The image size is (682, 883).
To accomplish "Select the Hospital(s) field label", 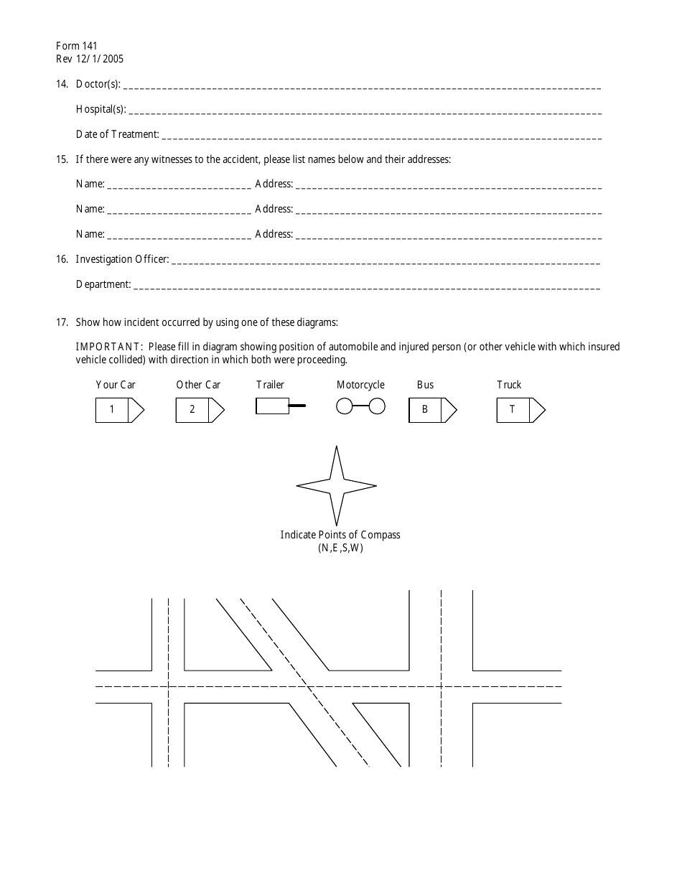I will [101, 109].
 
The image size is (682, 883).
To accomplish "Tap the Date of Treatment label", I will [117, 134].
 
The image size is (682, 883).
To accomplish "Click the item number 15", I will [61, 159].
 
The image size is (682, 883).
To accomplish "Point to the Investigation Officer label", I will [122, 259].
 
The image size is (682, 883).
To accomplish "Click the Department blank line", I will [366, 289].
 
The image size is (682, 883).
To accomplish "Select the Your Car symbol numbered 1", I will [120, 410].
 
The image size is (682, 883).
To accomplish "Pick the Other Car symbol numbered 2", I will [200, 410].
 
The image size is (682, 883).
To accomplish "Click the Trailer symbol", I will [280, 407].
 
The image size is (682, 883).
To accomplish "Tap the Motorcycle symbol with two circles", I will [360, 407].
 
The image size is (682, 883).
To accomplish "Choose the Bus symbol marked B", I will [433, 410].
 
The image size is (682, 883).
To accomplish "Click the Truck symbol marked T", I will [520, 410].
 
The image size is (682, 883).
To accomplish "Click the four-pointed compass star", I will [337, 486].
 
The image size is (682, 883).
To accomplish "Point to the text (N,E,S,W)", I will [340, 548].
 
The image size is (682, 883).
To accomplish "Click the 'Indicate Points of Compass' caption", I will [340, 535].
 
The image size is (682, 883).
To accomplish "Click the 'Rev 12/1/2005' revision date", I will [89, 60].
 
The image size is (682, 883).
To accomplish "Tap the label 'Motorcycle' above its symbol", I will [360, 385].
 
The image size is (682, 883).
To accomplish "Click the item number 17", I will [61, 322].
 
